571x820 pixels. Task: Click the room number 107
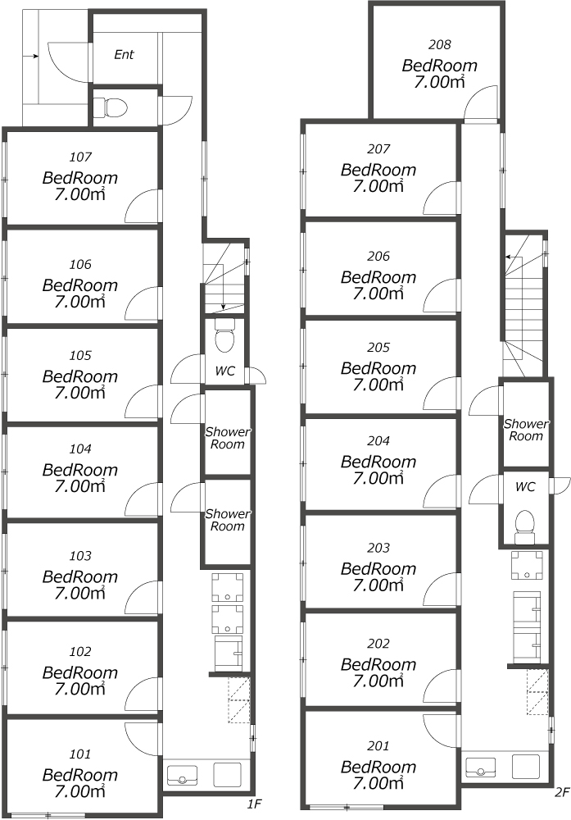[80, 157]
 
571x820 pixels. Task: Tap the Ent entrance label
[124, 54]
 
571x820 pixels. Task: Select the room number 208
[439, 45]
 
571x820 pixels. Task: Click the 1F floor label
[254, 804]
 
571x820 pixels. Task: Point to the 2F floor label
[561, 793]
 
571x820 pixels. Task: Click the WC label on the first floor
[225, 371]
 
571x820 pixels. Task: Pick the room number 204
[378, 441]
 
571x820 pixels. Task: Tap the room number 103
[80, 556]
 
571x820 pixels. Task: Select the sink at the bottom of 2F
[480, 767]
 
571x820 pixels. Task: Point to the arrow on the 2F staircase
[514, 257]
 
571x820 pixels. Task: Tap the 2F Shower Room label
[526, 430]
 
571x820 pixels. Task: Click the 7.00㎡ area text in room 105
[80, 393]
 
